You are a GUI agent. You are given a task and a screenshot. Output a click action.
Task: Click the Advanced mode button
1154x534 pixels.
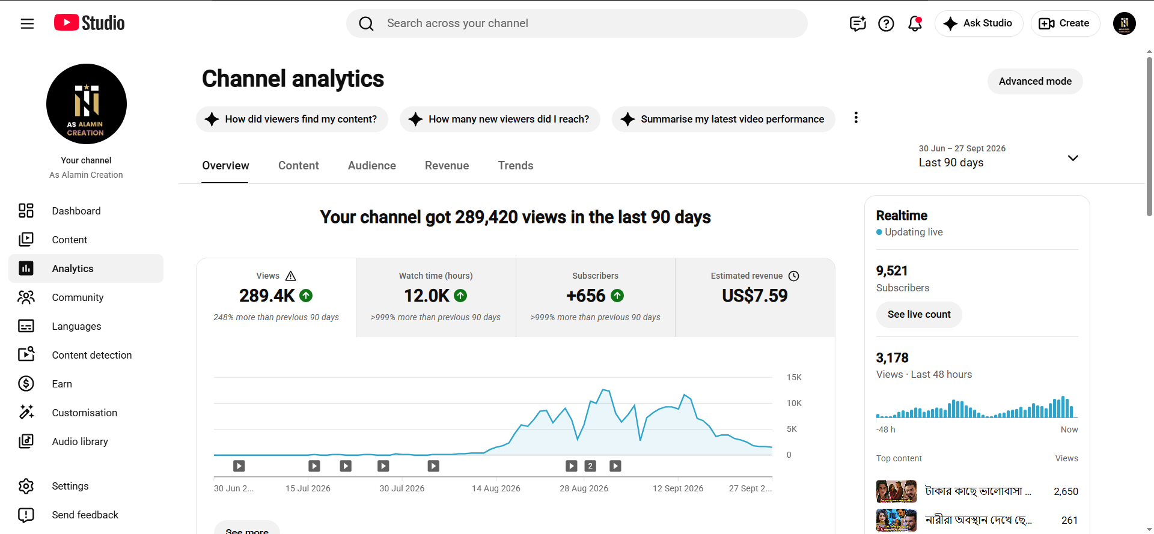(x=1035, y=81)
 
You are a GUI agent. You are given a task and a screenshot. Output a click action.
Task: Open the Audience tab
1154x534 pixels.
(x=372, y=166)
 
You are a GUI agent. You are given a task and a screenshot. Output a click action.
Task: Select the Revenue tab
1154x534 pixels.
(x=447, y=166)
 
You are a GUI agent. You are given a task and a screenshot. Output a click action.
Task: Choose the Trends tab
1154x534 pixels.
(x=516, y=166)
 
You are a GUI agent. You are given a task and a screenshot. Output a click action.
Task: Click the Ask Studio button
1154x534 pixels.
(x=978, y=23)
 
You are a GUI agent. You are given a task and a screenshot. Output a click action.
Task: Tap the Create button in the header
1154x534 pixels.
(x=1065, y=23)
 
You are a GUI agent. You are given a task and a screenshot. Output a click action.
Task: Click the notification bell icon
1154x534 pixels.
(x=915, y=23)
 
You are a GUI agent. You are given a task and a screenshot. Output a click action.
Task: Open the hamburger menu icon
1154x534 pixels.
(x=27, y=23)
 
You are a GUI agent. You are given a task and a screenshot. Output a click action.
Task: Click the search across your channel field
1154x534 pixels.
(x=577, y=23)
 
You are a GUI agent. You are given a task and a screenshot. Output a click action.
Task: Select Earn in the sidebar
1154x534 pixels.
(x=62, y=384)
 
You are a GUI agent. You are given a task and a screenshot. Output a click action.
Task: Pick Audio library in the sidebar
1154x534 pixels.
(x=80, y=441)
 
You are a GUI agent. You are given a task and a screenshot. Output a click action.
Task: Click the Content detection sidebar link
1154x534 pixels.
(x=92, y=355)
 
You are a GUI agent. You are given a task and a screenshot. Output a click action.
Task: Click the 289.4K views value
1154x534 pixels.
(x=267, y=296)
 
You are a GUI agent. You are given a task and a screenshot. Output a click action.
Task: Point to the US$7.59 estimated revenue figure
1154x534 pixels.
(x=755, y=296)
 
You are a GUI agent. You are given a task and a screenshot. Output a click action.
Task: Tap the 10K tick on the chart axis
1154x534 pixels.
(x=794, y=403)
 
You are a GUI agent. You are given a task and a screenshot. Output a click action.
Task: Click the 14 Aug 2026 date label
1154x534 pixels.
(x=496, y=488)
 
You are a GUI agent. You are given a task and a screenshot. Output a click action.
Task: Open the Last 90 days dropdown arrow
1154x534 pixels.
(x=1073, y=158)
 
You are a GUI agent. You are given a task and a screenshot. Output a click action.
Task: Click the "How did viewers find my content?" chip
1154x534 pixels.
(x=292, y=119)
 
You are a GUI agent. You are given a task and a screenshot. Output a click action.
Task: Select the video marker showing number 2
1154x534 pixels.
(x=590, y=466)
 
